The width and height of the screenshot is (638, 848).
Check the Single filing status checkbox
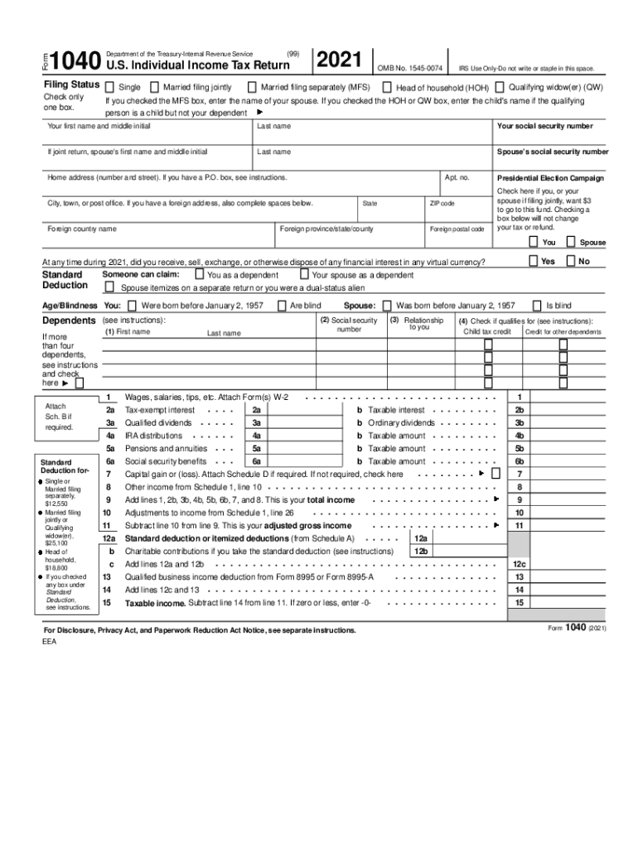[x=111, y=87]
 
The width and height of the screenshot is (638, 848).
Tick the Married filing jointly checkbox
[x=156, y=87]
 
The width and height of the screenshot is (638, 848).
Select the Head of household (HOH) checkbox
[x=388, y=87]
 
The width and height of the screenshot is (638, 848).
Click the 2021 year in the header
[x=340, y=59]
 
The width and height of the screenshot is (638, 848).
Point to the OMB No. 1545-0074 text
[x=410, y=67]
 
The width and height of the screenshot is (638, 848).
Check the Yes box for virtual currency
[x=533, y=261]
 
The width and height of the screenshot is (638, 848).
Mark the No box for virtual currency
[x=571, y=261]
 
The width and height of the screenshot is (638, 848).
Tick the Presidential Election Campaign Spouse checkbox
[x=571, y=242]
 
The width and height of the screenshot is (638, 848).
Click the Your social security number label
[x=544, y=126]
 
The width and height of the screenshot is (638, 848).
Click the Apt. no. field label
[x=457, y=177]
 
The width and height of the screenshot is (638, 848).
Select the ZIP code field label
[x=441, y=203]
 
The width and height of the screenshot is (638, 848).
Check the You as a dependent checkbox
[x=199, y=274]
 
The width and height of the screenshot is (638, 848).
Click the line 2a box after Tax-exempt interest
[x=257, y=410]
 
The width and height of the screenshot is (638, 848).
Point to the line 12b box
[x=421, y=551]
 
